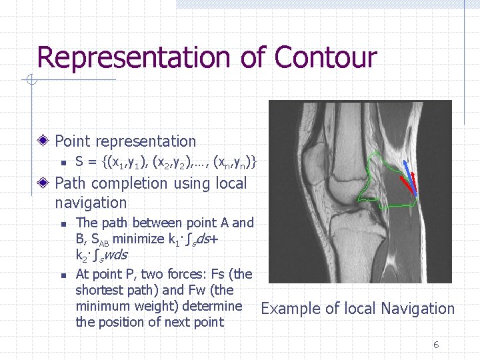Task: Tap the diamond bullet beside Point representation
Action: coord(43,141)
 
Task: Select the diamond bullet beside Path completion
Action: coord(43,183)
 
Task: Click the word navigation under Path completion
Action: coord(91,203)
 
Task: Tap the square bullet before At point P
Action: coord(61,275)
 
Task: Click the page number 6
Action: coord(436,345)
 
